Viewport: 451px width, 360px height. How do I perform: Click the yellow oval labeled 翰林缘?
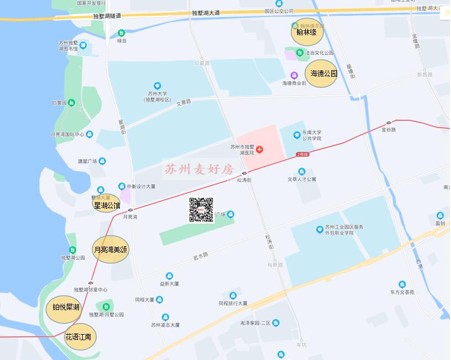[x=306, y=32]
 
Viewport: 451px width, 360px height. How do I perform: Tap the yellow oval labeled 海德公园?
[x=322, y=73]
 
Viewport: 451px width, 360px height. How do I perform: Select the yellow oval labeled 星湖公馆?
[x=107, y=205]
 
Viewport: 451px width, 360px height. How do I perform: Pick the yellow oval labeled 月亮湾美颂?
[x=110, y=250]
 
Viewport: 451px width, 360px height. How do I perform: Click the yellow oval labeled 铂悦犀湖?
[x=66, y=307]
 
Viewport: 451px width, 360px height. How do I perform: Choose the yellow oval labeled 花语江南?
[x=79, y=336]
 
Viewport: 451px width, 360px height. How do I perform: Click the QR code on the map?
[x=201, y=210]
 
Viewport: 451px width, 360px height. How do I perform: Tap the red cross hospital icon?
[x=259, y=150]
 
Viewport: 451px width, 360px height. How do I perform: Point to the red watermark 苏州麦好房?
[x=199, y=169]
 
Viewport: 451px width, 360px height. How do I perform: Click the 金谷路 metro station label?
[x=389, y=129]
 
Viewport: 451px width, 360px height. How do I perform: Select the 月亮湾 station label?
[x=130, y=217]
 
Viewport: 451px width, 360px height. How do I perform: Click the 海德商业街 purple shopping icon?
[x=294, y=76]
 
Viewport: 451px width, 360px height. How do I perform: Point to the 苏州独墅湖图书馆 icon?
[x=83, y=45]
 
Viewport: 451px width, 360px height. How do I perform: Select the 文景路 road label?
[x=183, y=102]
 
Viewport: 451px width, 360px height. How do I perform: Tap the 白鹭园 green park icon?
[x=72, y=103]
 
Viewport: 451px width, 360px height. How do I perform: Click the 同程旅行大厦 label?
[x=232, y=303]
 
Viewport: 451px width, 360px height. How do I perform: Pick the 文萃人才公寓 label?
[x=301, y=179]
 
